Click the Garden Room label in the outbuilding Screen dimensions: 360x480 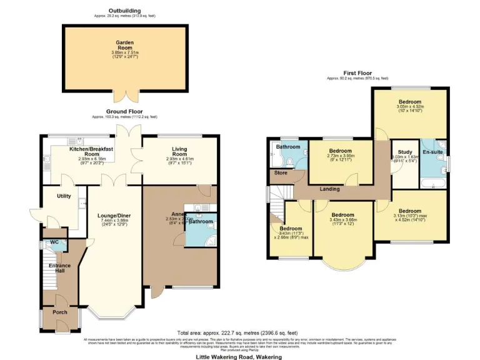125,43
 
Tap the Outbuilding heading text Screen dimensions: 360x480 124,11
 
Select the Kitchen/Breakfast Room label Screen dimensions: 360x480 91,152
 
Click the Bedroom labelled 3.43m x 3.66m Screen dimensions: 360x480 342,215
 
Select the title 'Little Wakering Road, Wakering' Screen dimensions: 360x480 239,356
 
